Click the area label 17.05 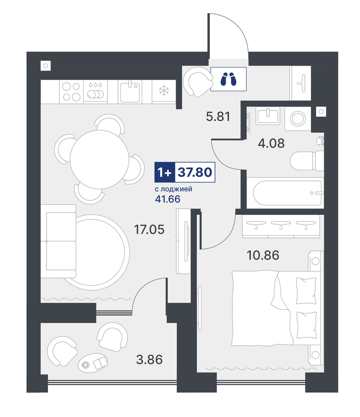(x=149, y=230)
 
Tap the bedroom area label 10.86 (x=263, y=255)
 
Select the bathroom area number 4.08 (x=271, y=143)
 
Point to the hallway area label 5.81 (x=218, y=116)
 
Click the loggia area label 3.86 (x=149, y=359)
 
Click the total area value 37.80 (x=195, y=172)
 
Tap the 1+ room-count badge (x=164, y=172)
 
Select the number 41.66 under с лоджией (x=168, y=199)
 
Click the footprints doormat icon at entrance (x=229, y=79)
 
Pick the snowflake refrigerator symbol (x=164, y=91)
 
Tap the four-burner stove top (x=71, y=92)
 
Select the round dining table (x=100, y=160)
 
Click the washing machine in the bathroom (x=298, y=118)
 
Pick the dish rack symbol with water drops (x=95, y=91)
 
